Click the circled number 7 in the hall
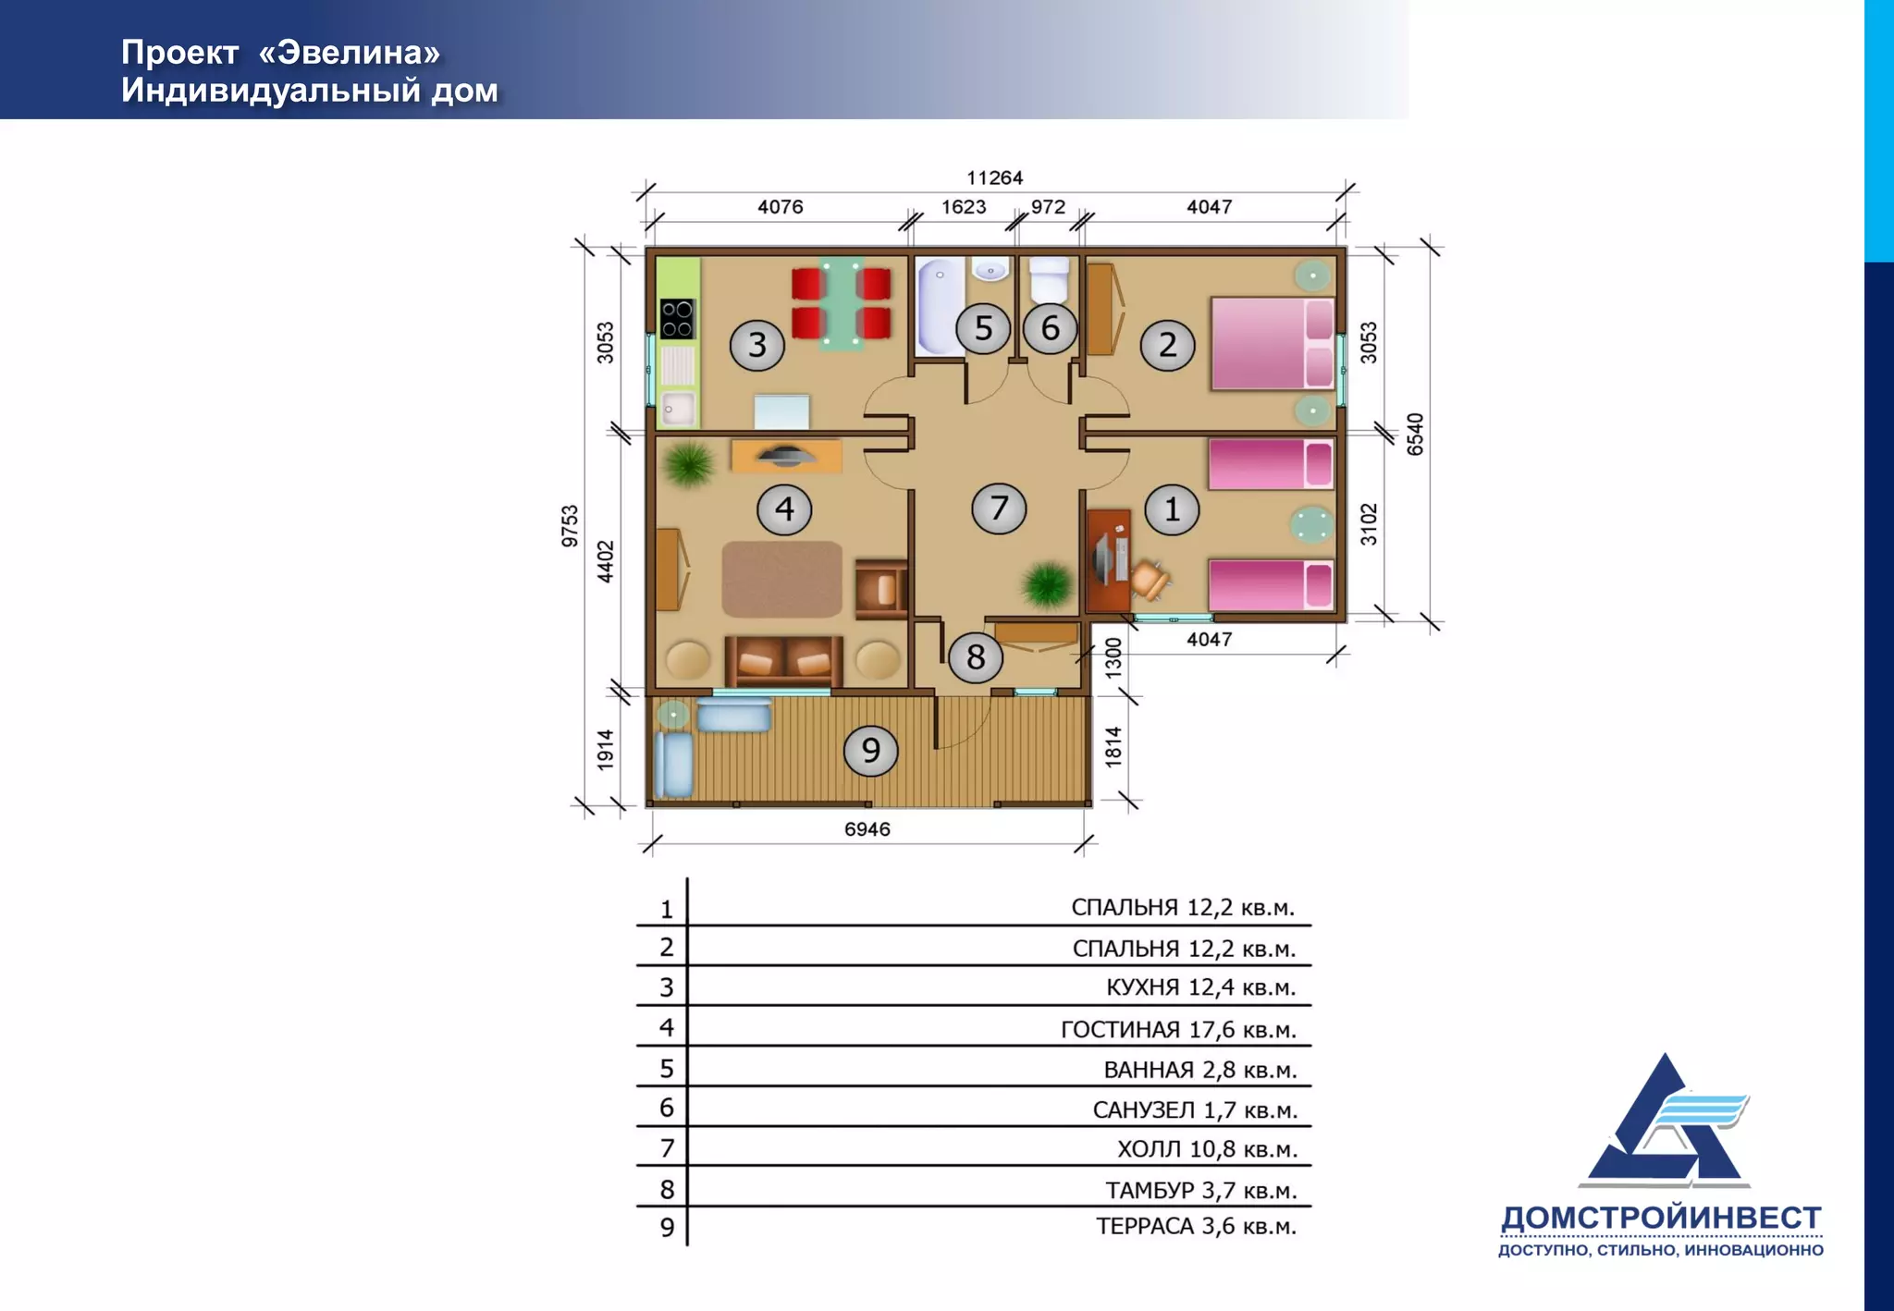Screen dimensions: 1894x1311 pyautogui.click(x=999, y=508)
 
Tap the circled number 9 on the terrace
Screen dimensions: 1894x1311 pyautogui.click(x=870, y=750)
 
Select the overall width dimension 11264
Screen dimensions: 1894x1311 pyautogui.click(x=995, y=178)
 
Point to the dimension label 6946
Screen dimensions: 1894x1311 pyautogui.click(x=867, y=829)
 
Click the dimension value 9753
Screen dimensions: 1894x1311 pyautogui.click(x=570, y=526)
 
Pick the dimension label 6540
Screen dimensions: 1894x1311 pyautogui.click(x=1415, y=435)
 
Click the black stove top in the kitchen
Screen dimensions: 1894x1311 pyautogui.click(x=677, y=318)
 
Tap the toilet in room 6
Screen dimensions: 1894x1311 pyautogui.click(x=1050, y=279)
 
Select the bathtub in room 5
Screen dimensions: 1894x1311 pyautogui.click(x=940, y=306)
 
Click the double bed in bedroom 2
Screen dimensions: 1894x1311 pyautogui.click(x=1273, y=343)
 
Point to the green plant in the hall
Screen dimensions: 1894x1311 pyautogui.click(x=1047, y=584)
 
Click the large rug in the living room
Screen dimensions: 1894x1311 pyautogui.click(x=782, y=580)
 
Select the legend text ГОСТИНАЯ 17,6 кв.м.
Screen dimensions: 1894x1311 pyautogui.click(x=1179, y=1029)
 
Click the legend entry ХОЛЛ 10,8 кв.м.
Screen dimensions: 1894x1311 pyautogui.click(x=1208, y=1149)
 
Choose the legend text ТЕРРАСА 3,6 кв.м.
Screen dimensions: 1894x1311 pyautogui.click(x=1197, y=1227)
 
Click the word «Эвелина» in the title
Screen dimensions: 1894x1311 pyautogui.click(x=350, y=53)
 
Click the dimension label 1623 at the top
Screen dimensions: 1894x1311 pyautogui.click(x=964, y=207)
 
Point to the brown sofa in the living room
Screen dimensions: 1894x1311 pyautogui.click(x=784, y=660)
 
